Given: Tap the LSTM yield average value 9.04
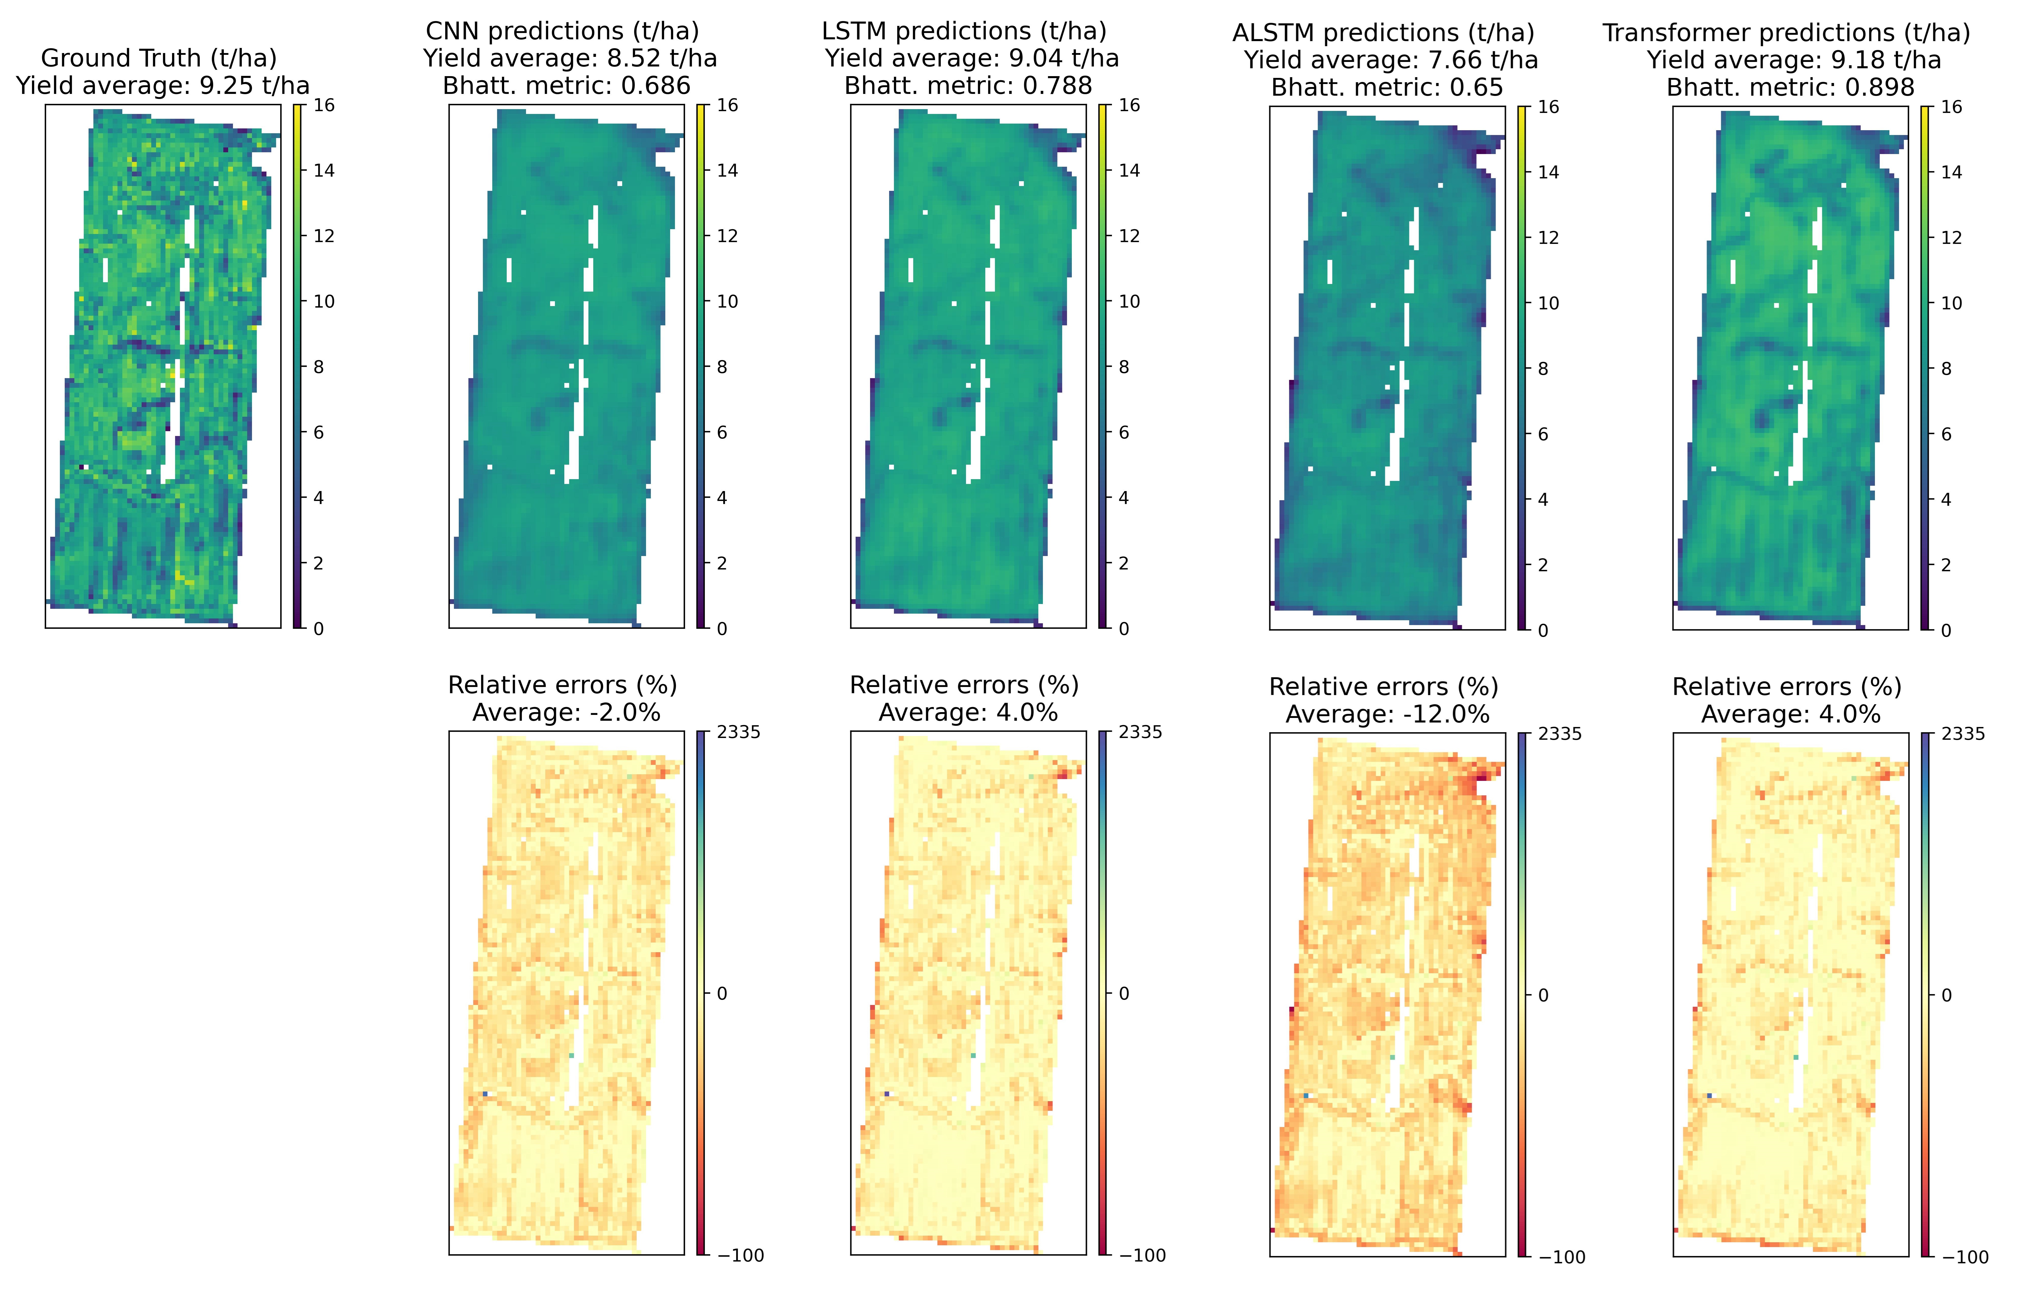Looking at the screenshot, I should click(x=1036, y=59).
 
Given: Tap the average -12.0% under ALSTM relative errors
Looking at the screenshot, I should click(x=1447, y=715).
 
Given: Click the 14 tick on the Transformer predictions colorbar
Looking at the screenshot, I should click(x=1951, y=172).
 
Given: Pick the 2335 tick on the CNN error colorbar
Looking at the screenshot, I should click(x=739, y=732).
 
